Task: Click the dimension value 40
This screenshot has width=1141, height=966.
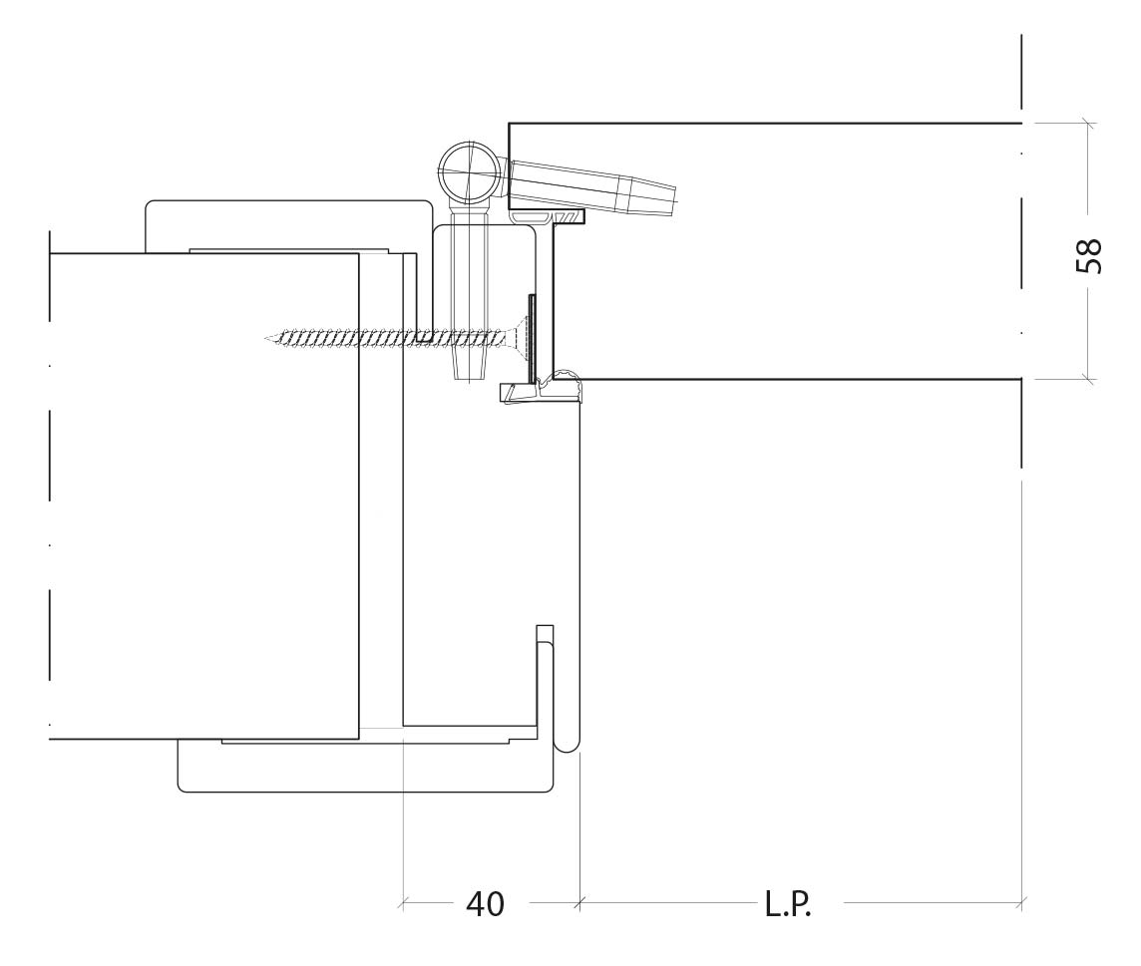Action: pyautogui.click(x=485, y=903)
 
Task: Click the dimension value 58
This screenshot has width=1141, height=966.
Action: pyautogui.click(x=1088, y=255)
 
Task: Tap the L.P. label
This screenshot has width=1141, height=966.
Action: pyautogui.click(x=787, y=904)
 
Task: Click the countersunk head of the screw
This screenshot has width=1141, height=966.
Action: pyautogui.click(x=518, y=337)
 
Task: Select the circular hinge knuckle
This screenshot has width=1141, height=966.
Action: pyautogui.click(x=470, y=173)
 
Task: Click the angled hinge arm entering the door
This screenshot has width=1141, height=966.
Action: pyautogui.click(x=592, y=186)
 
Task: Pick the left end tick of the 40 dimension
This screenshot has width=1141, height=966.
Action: pyautogui.click(x=402, y=903)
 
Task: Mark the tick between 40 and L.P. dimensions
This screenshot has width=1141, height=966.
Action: pyautogui.click(x=579, y=903)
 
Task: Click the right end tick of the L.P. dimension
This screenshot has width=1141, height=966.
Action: pyautogui.click(x=1022, y=903)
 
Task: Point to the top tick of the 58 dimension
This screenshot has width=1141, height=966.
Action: pyautogui.click(x=1088, y=123)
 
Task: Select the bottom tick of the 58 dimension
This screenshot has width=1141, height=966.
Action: pyautogui.click(x=1088, y=379)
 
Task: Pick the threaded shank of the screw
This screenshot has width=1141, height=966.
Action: pyautogui.click(x=389, y=338)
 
